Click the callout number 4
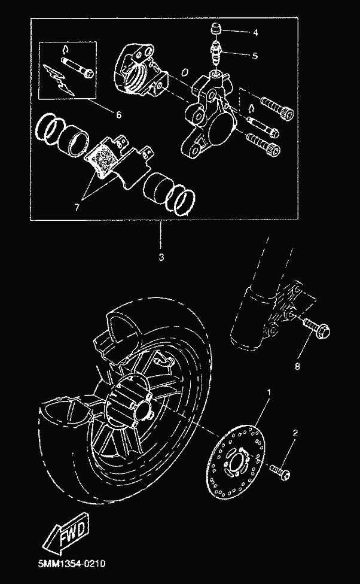pos(255,33)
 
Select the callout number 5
pos(255,56)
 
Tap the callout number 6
pos(118,115)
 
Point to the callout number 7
pos(77,208)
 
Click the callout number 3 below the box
pos(161,257)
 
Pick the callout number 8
pos(297,367)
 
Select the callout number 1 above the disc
pos(269,392)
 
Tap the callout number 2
pos(295,433)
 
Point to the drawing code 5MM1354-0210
pos(72,564)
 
